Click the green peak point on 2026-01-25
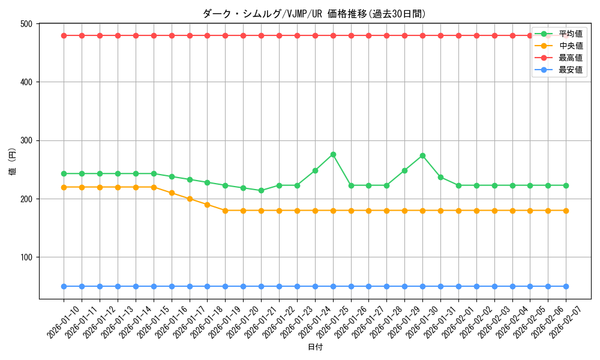point(333,155)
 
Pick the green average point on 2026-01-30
point(422,156)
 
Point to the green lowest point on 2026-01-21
point(261,191)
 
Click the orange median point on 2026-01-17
point(190,199)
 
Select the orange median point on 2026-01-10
point(64,187)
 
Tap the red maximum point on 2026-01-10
point(64,35)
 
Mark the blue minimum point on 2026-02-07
point(566,287)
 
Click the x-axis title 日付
point(315,347)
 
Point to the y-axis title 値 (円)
point(13,161)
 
